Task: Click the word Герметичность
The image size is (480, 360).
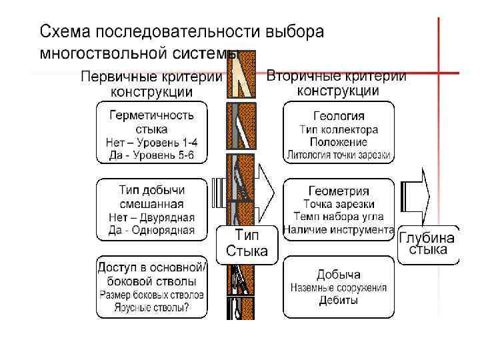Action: click(x=152, y=115)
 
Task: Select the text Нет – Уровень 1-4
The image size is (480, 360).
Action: click(x=152, y=143)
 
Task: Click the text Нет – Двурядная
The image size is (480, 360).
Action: click(x=152, y=217)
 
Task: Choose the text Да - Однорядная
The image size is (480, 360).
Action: click(x=152, y=231)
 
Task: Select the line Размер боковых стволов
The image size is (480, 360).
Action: click(x=152, y=294)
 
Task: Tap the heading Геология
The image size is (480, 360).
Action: click(x=339, y=115)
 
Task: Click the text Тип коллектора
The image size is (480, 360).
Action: click(x=339, y=129)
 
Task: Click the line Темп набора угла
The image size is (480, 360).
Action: click(x=339, y=217)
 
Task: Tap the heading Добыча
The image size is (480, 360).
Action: click(x=339, y=274)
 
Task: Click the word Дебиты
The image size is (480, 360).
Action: click(x=339, y=301)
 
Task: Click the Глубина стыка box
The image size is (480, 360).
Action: click(x=427, y=245)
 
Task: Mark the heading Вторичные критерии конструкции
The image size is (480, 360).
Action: click(x=337, y=83)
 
